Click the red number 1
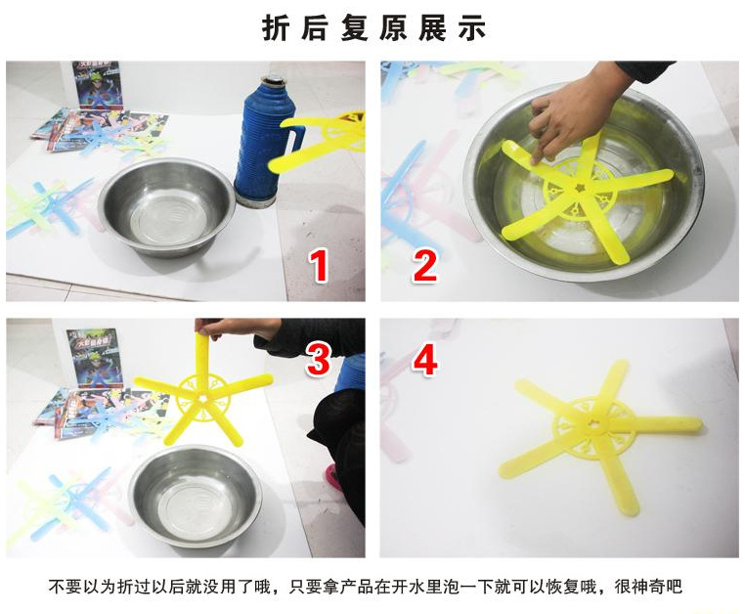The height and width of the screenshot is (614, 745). (x=318, y=265)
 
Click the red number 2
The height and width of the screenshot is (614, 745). (x=423, y=265)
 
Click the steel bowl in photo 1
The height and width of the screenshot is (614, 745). (x=166, y=208)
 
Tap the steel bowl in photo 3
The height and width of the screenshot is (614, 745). (x=195, y=495)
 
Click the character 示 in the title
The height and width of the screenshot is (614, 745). (x=472, y=27)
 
